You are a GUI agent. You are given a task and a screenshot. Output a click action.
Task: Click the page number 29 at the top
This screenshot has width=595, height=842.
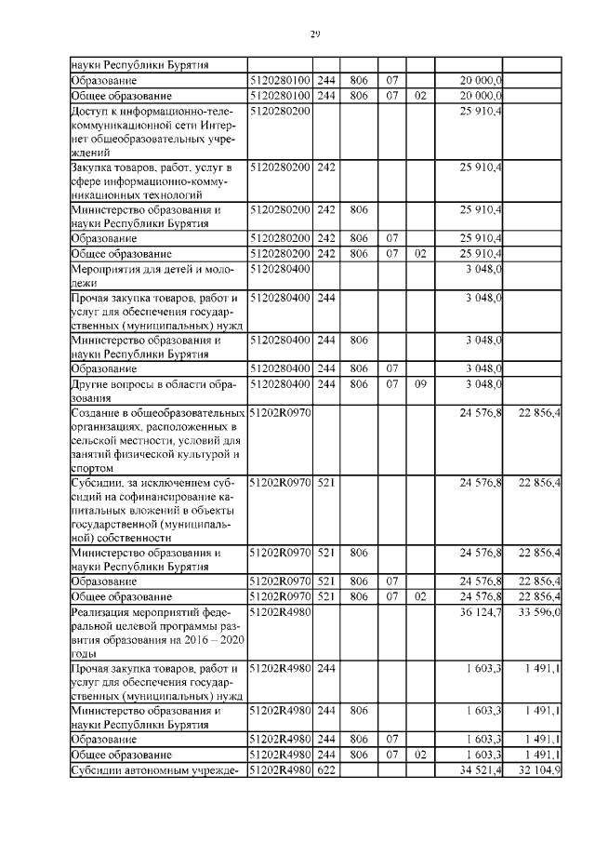point(315,34)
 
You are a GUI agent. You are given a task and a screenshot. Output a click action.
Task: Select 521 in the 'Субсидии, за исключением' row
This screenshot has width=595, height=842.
point(325,485)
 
